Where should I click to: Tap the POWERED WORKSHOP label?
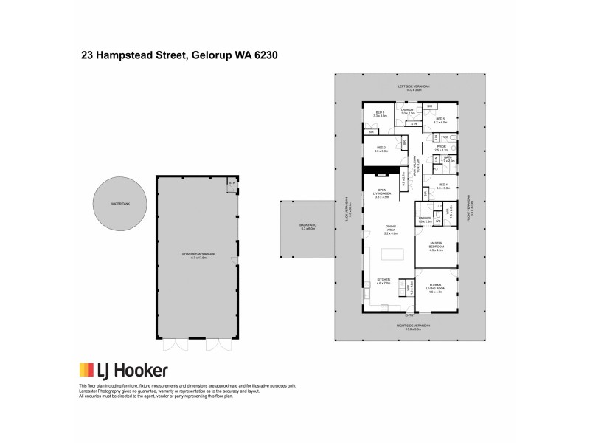point(197,255)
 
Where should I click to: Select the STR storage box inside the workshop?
point(232,183)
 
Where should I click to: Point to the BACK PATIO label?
point(306,227)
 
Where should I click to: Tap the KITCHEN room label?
point(383,281)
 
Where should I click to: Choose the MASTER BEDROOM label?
point(436,249)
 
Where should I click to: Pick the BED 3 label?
point(380,114)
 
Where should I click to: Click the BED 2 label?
point(381,149)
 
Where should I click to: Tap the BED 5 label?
point(440,120)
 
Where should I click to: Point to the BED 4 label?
point(442,186)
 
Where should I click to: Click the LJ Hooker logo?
point(123,371)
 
